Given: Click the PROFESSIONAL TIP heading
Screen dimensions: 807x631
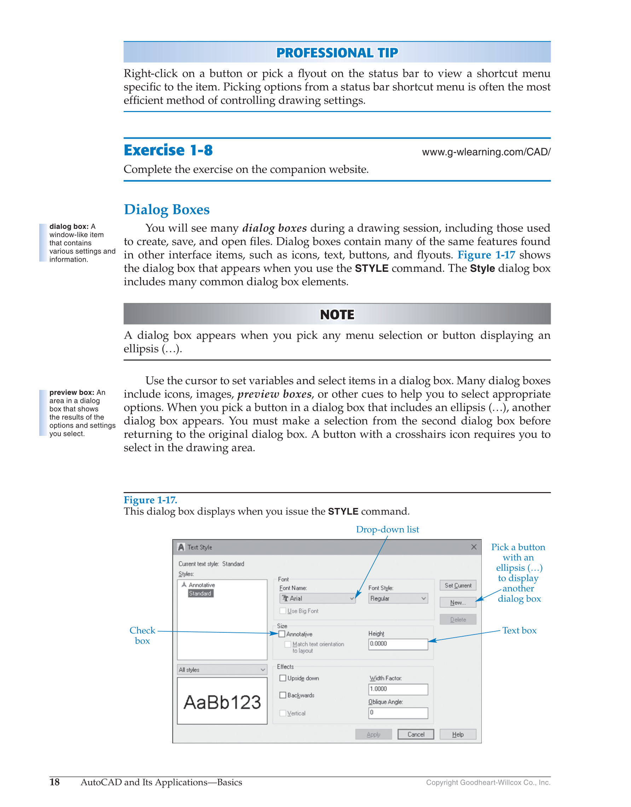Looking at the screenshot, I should click(x=337, y=53).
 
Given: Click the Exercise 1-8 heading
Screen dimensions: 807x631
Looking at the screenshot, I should click(x=168, y=150).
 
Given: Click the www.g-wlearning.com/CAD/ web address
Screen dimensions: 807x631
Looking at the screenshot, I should click(x=486, y=152).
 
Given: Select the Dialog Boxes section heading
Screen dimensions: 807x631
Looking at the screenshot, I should click(x=167, y=210).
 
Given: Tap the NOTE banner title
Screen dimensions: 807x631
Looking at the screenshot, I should click(x=337, y=315).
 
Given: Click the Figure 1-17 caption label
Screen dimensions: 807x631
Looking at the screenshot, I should click(x=150, y=500).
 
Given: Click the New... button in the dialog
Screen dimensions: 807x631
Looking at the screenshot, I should click(x=458, y=603).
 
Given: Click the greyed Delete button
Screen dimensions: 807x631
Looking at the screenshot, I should click(x=458, y=620).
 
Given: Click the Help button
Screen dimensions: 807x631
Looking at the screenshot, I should click(x=458, y=734).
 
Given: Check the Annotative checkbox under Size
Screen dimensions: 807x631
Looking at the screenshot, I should click(x=282, y=634).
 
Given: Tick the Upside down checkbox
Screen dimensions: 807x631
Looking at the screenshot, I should click(x=283, y=678).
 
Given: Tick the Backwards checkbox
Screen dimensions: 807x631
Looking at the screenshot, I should click(x=283, y=695).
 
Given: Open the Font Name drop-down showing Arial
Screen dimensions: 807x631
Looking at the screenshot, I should click(x=318, y=598).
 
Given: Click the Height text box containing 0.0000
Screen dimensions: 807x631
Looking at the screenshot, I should click(x=398, y=644).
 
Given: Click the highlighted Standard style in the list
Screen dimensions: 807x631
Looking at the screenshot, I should click(x=200, y=593).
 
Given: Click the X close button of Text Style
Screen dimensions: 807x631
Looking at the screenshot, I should click(x=474, y=547).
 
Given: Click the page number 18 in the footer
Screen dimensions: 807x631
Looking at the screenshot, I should click(x=54, y=782).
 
